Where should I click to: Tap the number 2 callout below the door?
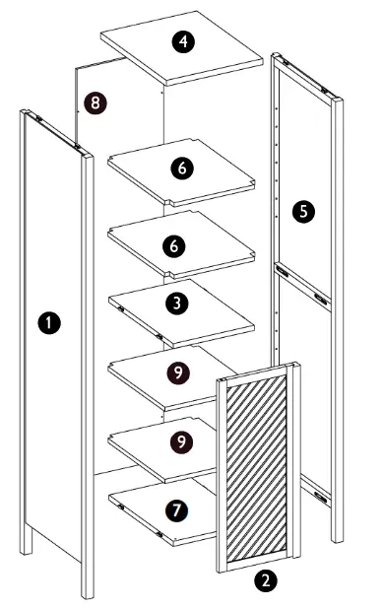[x=265, y=580]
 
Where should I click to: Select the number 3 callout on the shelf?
[x=176, y=304]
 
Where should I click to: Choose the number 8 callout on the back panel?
[x=95, y=101]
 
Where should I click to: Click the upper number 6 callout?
[x=180, y=169]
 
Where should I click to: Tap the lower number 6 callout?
[x=175, y=245]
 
